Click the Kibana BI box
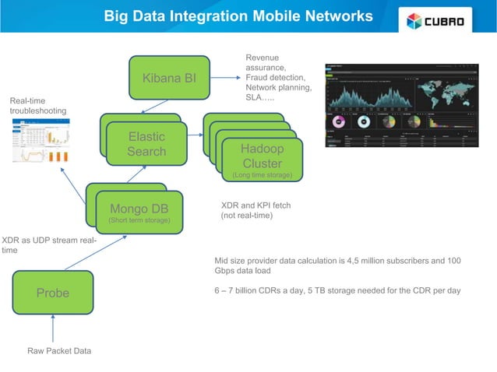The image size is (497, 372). tap(169, 78)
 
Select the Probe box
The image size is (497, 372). tap(52, 293)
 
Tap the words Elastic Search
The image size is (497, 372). tap(146, 144)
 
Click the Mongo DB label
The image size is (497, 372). tap(139, 209)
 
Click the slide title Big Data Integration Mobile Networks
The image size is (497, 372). tap(238, 16)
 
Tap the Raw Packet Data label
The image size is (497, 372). tap(59, 351)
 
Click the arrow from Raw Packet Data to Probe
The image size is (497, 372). tap(52, 330)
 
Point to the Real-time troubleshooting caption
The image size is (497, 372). tap(38, 107)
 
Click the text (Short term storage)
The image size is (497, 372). tap(139, 222)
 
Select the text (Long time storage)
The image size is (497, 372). tap(262, 176)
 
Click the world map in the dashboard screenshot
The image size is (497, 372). tap(445, 93)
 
